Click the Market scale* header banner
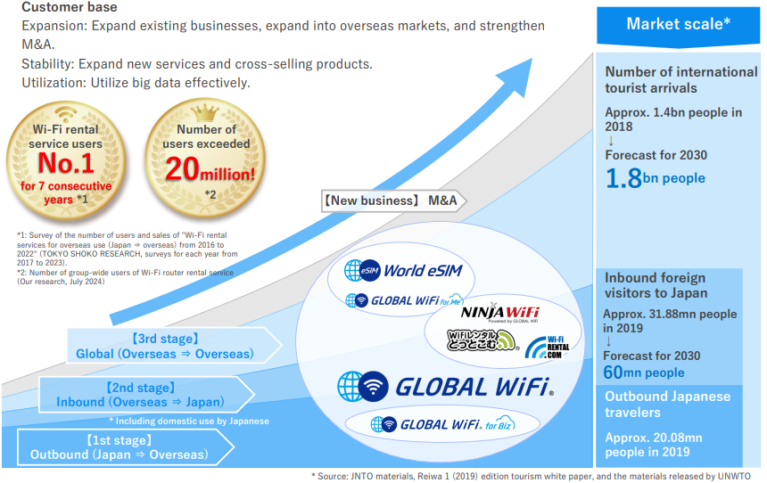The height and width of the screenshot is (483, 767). pos(678,27)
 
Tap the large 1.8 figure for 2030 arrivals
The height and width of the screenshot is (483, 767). pos(623,178)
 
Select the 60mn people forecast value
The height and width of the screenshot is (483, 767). pos(644,372)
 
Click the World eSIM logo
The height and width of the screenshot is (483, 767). pos(403,270)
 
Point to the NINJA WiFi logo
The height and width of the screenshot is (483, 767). pos(499,313)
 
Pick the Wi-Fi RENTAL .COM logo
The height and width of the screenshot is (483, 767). pos(548,347)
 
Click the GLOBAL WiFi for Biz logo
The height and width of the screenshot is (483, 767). pos(442,424)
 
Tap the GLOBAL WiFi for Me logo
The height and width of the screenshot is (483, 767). pos(404,300)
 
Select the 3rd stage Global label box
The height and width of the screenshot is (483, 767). pos(174,346)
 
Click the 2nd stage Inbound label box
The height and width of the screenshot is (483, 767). pos(146,395)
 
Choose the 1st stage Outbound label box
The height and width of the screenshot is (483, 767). pos(125,447)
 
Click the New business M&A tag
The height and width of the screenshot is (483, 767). pos(393,201)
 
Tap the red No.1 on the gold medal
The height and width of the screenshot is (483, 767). pos(66,163)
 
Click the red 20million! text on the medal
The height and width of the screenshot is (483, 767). pos(210,169)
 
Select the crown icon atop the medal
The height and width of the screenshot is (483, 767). pos(205,113)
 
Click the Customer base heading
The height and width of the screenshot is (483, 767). pos(70,7)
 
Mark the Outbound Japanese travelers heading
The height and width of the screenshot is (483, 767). pos(668,405)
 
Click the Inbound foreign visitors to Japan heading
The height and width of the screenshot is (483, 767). pos(656,285)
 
